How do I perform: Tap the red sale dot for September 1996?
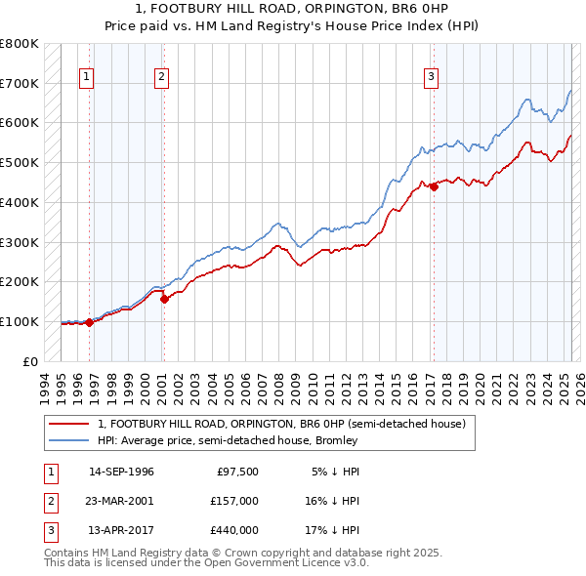click(89, 322)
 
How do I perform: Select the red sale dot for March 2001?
click(164, 299)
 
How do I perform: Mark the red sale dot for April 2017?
click(433, 186)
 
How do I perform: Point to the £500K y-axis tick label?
click(20, 162)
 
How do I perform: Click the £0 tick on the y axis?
click(31, 361)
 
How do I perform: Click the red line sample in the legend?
click(71, 425)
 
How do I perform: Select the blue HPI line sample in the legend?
click(71, 440)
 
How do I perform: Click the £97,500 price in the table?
click(238, 472)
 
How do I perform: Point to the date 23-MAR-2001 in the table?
click(121, 501)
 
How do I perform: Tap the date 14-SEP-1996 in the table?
click(121, 472)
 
